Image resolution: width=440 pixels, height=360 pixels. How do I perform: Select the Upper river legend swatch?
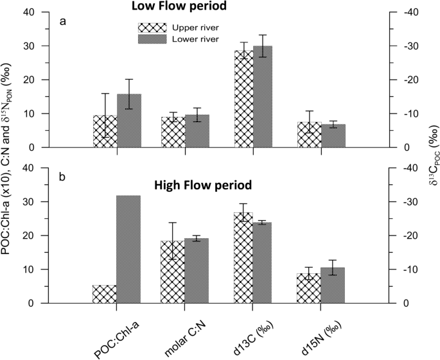[x=152, y=28]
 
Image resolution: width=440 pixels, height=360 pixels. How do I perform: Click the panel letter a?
[x=62, y=21]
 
